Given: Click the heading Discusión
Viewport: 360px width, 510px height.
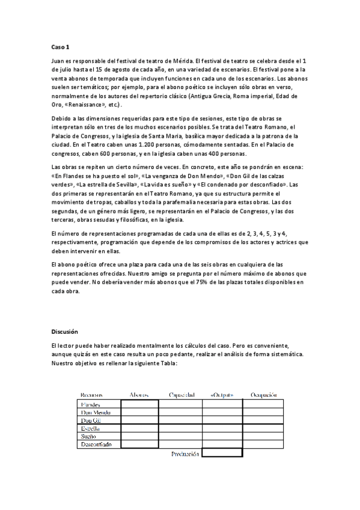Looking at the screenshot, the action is click(65, 331).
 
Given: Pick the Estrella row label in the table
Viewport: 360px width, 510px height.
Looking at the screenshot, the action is click(91, 428).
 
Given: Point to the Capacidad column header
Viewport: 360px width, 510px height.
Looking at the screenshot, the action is click(181, 395).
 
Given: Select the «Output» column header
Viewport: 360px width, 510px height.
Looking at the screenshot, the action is click(222, 395).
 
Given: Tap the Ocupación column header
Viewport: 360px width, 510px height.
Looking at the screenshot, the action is click(263, 395).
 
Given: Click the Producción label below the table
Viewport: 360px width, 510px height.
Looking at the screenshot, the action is click(185, 454).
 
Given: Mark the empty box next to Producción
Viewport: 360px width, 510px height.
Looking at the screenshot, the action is click(222, 453).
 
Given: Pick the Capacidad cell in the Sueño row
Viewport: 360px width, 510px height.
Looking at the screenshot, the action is click(180, 437).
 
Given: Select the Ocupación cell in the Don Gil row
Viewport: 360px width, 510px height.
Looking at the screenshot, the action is click(263, 420).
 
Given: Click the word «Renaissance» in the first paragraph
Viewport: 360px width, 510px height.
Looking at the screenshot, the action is click(91, 104).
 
